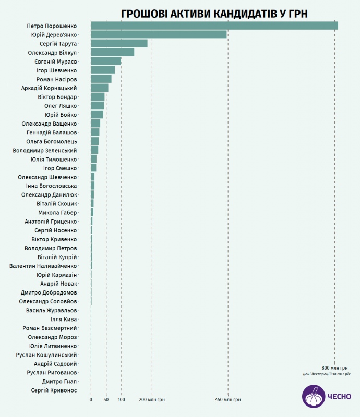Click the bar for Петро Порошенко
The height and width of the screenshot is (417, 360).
[x=214, y=26]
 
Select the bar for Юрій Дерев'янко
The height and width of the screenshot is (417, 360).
[x=159, y=34]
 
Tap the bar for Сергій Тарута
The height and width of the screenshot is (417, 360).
[x=119, y=43]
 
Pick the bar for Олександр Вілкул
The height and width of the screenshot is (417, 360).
[x=112, y=52]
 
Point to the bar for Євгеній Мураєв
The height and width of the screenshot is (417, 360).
[x=106, y=61]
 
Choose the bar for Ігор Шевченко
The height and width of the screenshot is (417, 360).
[x=103, y=70]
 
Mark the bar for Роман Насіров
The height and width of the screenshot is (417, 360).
[x=101, y=79]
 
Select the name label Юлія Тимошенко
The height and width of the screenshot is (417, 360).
[x=53, y=159]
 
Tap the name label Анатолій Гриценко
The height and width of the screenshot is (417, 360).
[x=51, y=222]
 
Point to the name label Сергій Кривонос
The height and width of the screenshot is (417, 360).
[x=54, y=390]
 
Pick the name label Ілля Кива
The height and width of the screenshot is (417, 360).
[x=64, y=319]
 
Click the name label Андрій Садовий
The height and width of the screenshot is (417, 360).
[x=55, y=363]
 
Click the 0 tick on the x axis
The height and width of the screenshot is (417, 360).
[x=91, y=400]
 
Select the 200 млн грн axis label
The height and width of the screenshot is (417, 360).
[x=152, y=400]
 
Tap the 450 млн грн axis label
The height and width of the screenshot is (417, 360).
[x=228, y=400]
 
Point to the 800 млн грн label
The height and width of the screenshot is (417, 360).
[x=334, y=368]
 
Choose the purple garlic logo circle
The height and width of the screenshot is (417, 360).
[x=314, y=396]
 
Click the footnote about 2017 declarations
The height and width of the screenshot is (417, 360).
[x=326, y=374]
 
